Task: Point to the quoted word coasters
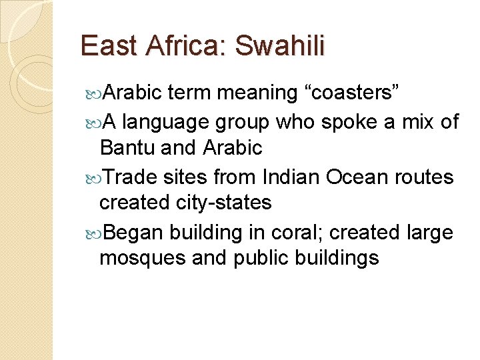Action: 352,93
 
